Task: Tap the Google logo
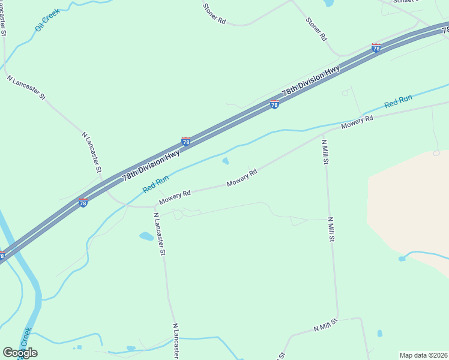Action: [20, 353]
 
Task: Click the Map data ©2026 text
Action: [423, 355]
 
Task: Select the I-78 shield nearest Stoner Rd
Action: [376, 48]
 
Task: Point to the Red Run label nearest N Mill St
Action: [398, 101]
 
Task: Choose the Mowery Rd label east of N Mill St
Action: [357, 122]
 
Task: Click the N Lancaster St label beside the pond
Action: [159, 234]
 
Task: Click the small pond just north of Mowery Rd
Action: [226, 161]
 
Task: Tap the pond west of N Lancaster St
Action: [146, 236]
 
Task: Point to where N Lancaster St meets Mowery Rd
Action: [155, 206]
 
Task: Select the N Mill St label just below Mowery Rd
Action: [325, 152]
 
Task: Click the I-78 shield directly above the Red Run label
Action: [186, 142]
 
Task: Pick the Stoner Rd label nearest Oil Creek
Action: [214, 14]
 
